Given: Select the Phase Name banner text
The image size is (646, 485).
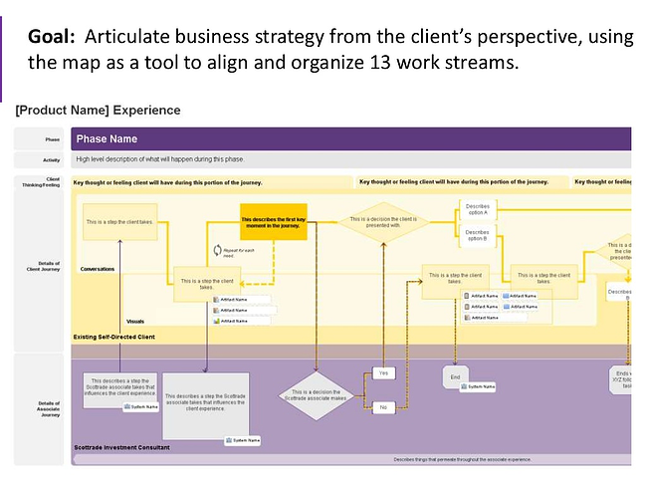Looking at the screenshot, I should coord(107,138).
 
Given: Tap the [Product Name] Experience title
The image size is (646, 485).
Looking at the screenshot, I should coord(98,111).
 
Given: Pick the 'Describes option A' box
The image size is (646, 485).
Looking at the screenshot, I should coord(477,209).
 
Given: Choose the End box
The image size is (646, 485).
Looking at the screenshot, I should coord(455,377).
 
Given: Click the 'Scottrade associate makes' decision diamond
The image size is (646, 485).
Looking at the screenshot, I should coord(316,395).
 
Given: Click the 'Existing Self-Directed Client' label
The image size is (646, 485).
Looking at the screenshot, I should coord(113,338).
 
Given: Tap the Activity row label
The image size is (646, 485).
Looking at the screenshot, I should coord(52,159).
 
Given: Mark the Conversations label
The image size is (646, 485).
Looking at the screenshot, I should coord(98,269).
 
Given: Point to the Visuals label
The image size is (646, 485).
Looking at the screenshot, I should coord(137,321).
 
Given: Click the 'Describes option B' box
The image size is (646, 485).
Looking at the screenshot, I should coord(477,235).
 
